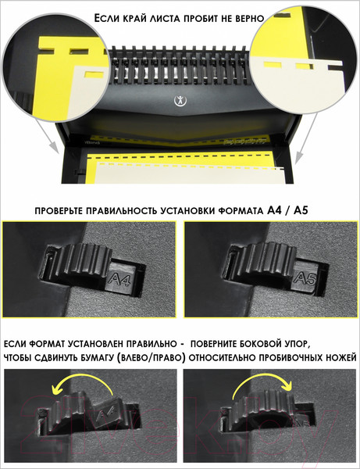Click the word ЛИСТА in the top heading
tap(169, 17)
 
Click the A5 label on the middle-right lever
tap(305, 278)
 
